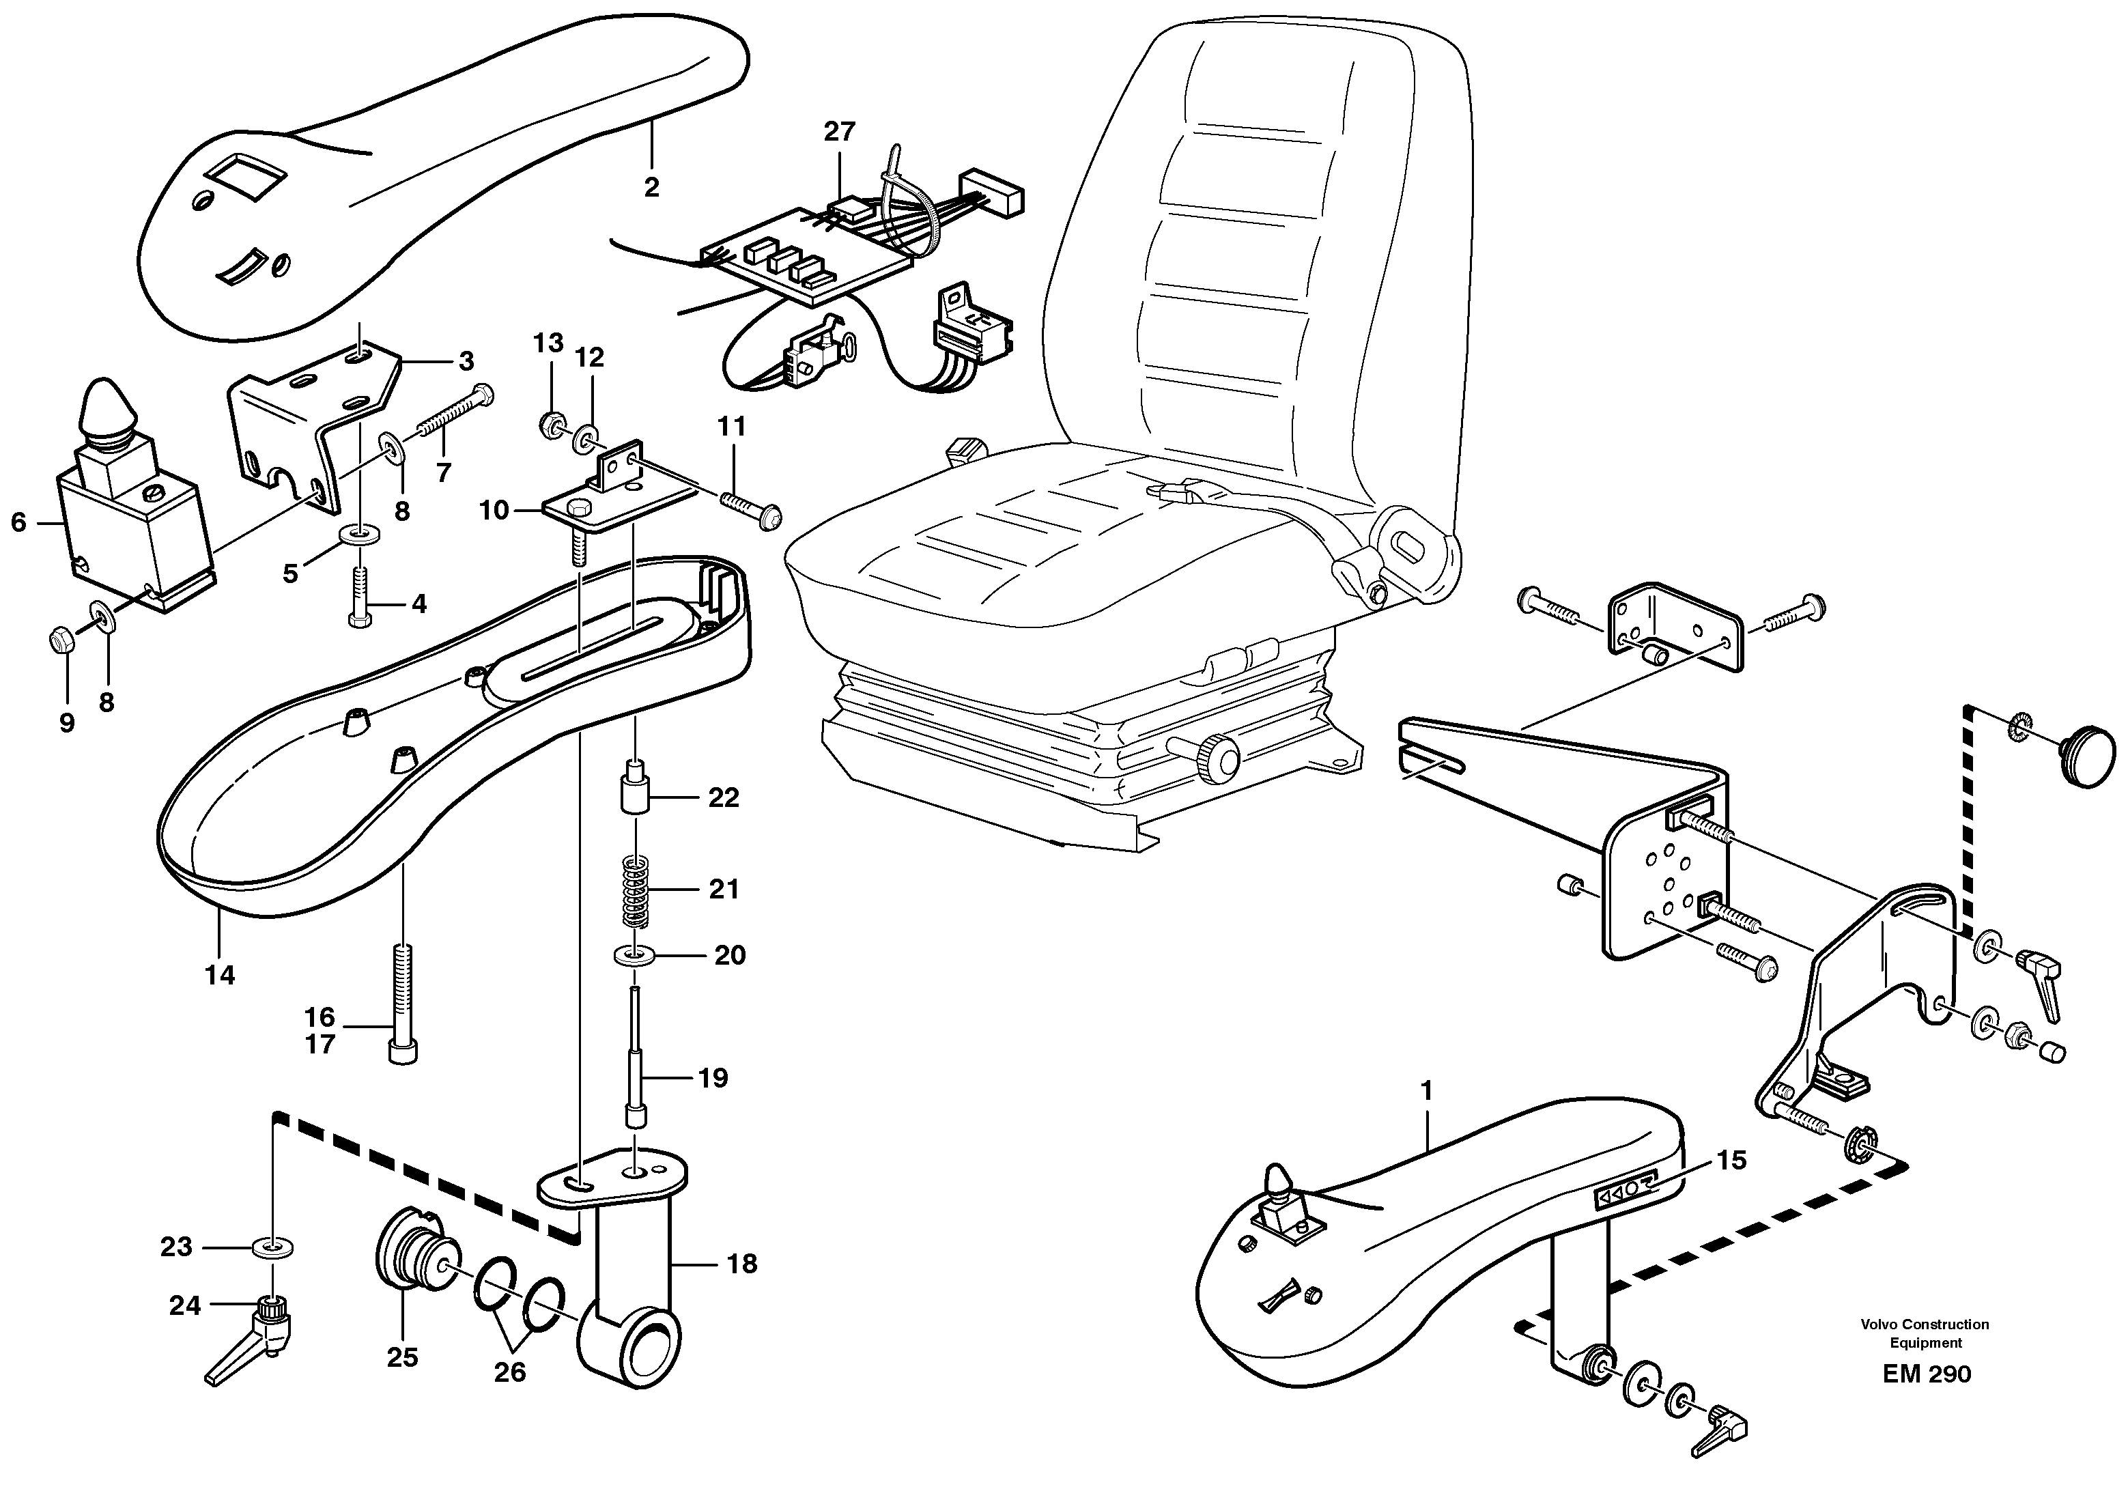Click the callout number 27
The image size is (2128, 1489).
(839, 132)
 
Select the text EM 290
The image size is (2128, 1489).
(1927, 1374)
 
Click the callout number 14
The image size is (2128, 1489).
(221, 975)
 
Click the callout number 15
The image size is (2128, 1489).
(1731, 1160)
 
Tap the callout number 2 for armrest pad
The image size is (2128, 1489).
(651, 187)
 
